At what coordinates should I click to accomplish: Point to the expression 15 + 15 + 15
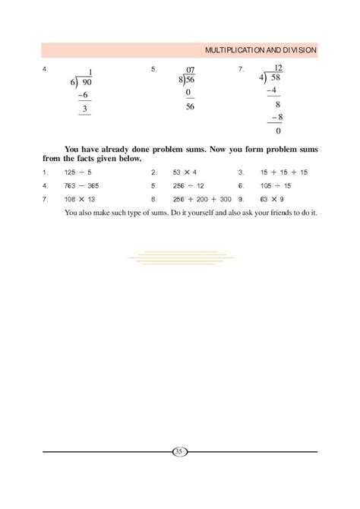(283, 172)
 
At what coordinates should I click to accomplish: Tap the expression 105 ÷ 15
(276, 185)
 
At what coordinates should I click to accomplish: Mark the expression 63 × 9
(273, 199)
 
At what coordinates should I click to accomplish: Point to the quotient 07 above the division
(190, 70)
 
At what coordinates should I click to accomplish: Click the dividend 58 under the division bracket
(276, 77)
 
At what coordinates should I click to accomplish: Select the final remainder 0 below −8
(277, 130)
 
